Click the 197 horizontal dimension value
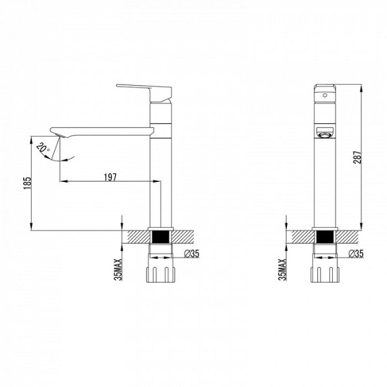(x=110, y=177)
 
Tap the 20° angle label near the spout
(x=43, y=148)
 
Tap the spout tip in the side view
(x=55, y=130)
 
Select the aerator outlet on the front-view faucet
(x=325, y=134)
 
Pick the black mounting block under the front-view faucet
(x=325, y=238)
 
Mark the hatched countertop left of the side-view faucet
(x=137, y=237)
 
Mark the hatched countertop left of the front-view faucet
(x=301, y=237)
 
